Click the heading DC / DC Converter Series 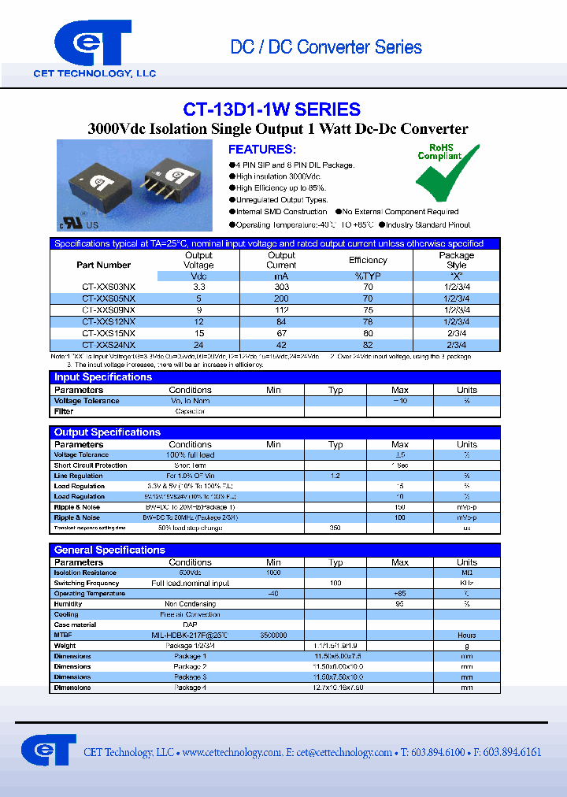click(325, 47)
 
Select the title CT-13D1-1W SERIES click(272, 109)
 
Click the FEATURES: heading click(262, 149)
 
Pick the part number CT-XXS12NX click(109, 321)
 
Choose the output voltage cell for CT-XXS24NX click(198, 345)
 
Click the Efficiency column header click(368, 260)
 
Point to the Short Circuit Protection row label click(90, 465)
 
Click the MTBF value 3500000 click(273, 636)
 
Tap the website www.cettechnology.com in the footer click(232, 753)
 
